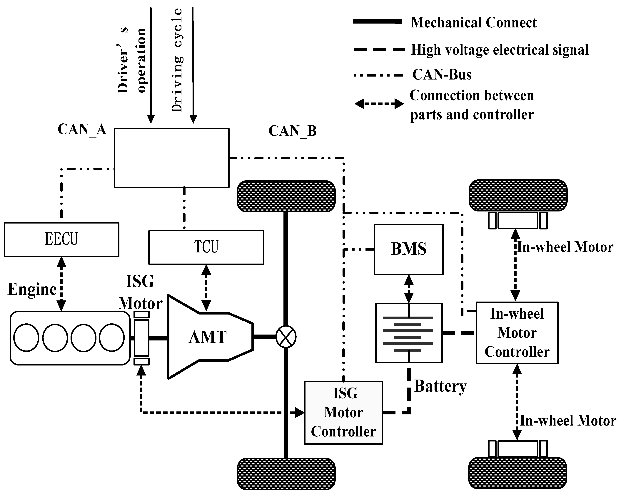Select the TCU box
[x=206, y=247]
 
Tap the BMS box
[x=408, y=249]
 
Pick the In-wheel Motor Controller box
[x=517, y=333]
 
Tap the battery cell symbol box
[x=408, y=333]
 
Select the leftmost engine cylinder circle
[x=26, y=337]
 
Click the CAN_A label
[x=82, y=129]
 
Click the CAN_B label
[x=292, y=131]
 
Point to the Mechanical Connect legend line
[x=377, y=21]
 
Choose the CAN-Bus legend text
[x=442, y=75]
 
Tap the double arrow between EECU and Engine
[x=61, y=284]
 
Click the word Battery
[x=440, y=386]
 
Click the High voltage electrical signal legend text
[x=500, y=50]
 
